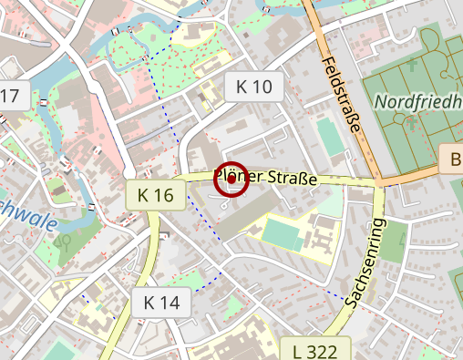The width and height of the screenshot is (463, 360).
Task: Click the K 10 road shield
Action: coord(253,87)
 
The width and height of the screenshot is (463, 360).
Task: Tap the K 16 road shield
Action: coord(156,194)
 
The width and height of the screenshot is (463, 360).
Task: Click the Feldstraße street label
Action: coord(342,96)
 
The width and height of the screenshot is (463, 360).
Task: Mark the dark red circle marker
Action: coord(231,180)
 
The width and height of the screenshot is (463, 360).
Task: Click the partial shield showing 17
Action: coord(9,97)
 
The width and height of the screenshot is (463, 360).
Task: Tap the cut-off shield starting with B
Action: coord(452,159)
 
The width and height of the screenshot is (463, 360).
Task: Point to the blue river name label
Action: coord(27,217)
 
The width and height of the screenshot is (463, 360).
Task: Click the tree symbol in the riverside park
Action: coord(65,242)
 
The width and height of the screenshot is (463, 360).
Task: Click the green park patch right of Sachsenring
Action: coord(394,239)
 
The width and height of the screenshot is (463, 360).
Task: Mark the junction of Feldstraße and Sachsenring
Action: coord(378,181)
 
